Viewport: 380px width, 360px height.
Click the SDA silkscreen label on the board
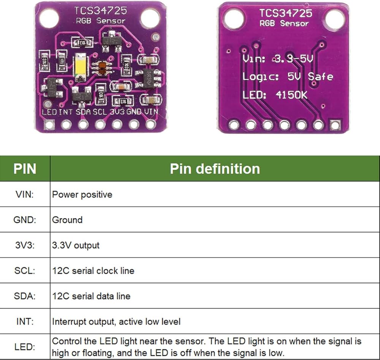click(x=84, y=112)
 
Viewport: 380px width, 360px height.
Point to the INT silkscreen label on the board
click(x=66, y=112)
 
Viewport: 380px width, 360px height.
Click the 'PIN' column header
click(x=25, y=169)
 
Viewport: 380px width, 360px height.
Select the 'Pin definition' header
click(x=215, y=169)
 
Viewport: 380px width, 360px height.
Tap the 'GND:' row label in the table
click(x=25, y=220)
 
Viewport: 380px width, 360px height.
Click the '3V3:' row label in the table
click(x=25, y=245)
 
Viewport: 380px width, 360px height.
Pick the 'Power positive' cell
click(x=82, y=194)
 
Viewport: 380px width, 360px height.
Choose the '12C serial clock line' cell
click(x=93, y=271)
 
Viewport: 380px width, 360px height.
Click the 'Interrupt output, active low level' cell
click(x=116, y=322)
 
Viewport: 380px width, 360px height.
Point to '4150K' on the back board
click(x=291, y=95)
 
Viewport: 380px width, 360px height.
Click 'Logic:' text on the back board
click(x=261, y=76)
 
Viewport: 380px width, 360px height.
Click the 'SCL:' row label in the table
click(x=25, y=271)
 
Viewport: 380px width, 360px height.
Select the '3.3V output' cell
click(x=76, y=245)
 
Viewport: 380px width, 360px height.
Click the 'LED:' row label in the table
click(x=25, y=347)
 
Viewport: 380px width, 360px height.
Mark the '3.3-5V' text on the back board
click(x=293, y=59)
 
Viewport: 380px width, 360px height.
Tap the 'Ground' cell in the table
click(x=67, y=220)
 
